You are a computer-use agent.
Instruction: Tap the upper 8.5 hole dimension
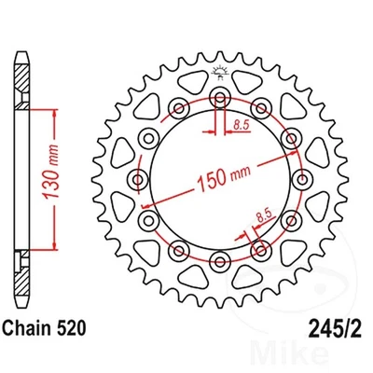241,122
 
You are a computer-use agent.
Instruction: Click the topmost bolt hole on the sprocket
220,99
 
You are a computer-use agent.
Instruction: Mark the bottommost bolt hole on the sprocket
220,258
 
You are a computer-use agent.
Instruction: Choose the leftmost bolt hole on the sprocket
140,178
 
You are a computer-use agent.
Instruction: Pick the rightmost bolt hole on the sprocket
300,178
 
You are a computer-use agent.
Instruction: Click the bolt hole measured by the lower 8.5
260,248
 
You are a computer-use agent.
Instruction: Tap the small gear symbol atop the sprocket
220,72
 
